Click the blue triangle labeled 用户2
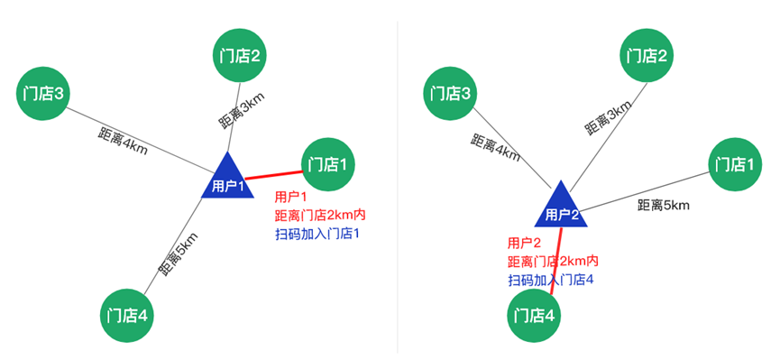[x=561, y=207]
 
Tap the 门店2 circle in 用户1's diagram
[x=240, y=56]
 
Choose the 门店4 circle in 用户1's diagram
[x=127, y=315]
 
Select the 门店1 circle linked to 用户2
[x=733, y=165]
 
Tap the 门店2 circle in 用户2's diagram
[x=647, y=56]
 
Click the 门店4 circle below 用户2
[x=534, y=315]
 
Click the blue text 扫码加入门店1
[x=317, y=235]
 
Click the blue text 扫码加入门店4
[x=550, y=281]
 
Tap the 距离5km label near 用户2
[x=663, y=205]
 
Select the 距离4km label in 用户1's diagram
[x=123, y=142]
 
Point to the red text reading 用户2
[x=524, y=243]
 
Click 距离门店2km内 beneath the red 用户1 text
[x=320, y=216]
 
